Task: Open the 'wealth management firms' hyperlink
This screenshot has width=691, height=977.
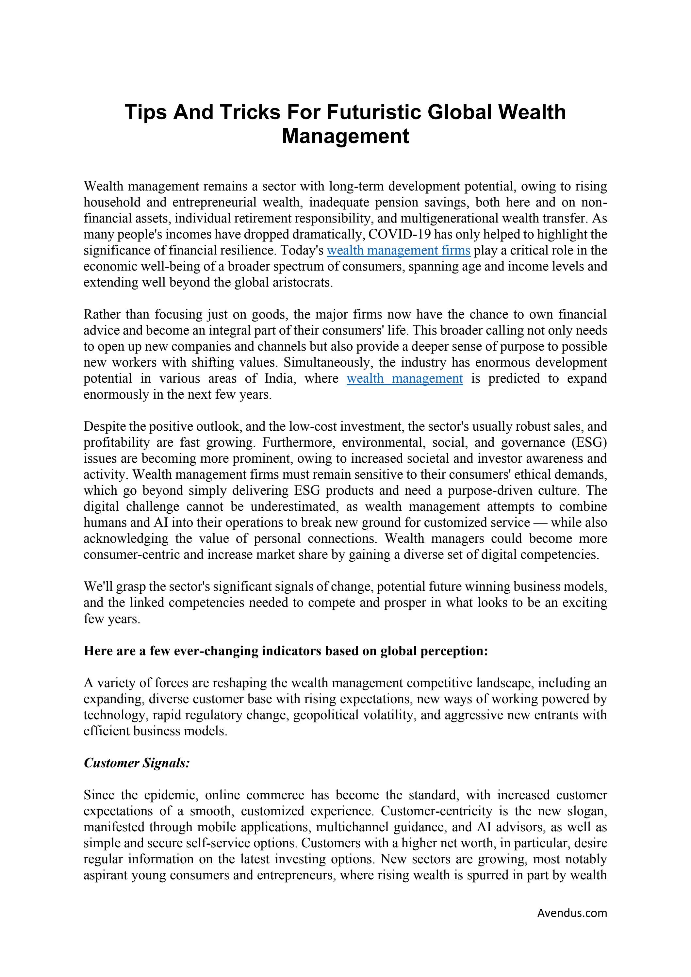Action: click(398, 250)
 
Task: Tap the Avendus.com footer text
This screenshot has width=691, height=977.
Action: click(572, 912)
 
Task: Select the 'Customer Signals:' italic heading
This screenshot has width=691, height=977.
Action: click(137, 763)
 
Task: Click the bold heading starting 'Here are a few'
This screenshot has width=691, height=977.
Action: click(286, 651)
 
